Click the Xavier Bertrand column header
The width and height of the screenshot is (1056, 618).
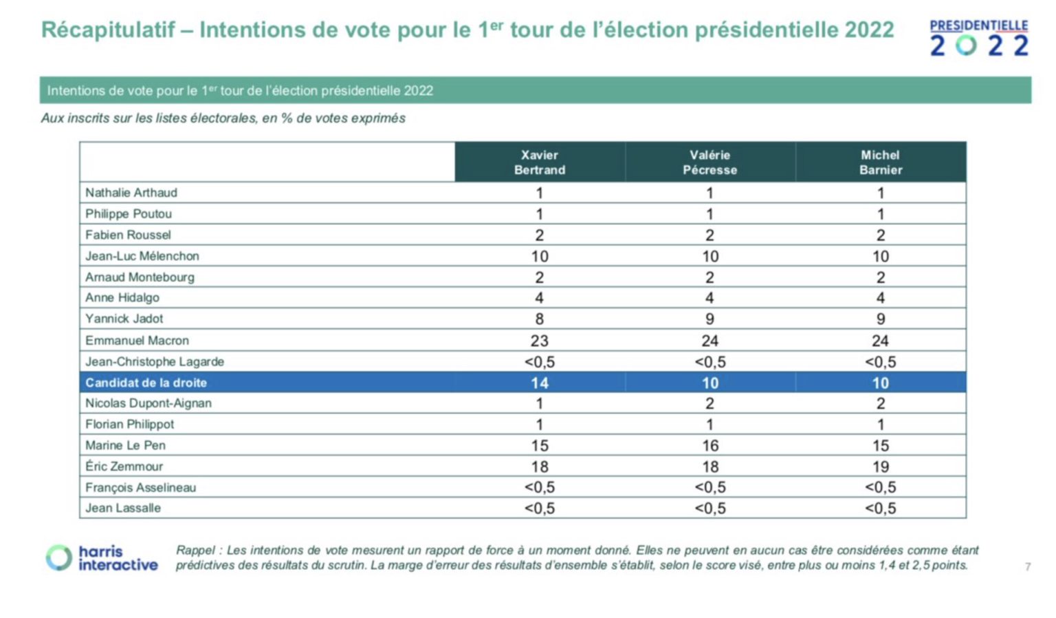pos(540,162)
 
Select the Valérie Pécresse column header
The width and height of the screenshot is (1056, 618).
pos(709,162)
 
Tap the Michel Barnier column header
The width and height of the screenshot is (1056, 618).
pos(880,162)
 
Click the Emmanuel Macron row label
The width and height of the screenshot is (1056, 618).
pos(137,341)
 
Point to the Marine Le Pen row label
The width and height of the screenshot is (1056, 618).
pos(125,445)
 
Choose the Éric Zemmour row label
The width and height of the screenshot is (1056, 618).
pos(124,467)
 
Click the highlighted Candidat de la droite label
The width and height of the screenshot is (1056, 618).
pos(146,383)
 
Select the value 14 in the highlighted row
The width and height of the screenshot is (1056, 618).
pos(540,383)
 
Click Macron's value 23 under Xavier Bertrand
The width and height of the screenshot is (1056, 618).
pos(540,341)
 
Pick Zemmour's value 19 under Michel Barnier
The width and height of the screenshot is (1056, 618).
pos(880,467)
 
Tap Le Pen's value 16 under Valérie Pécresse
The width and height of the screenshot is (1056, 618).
pos(709,446)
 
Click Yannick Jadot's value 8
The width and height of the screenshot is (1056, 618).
pos(540,319)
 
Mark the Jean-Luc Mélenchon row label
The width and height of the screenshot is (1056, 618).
pos(142,256)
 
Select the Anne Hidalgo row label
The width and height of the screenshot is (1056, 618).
pos(122,298)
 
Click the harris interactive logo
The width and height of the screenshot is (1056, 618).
pos(102,557)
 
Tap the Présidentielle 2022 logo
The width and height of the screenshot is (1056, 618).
pos(978,38)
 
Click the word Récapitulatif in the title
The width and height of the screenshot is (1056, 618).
pos(108,30)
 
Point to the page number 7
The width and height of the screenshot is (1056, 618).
pos(1027,567)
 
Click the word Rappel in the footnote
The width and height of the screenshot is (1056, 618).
pos(196,551)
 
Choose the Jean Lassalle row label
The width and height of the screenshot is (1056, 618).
pos(123,508)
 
